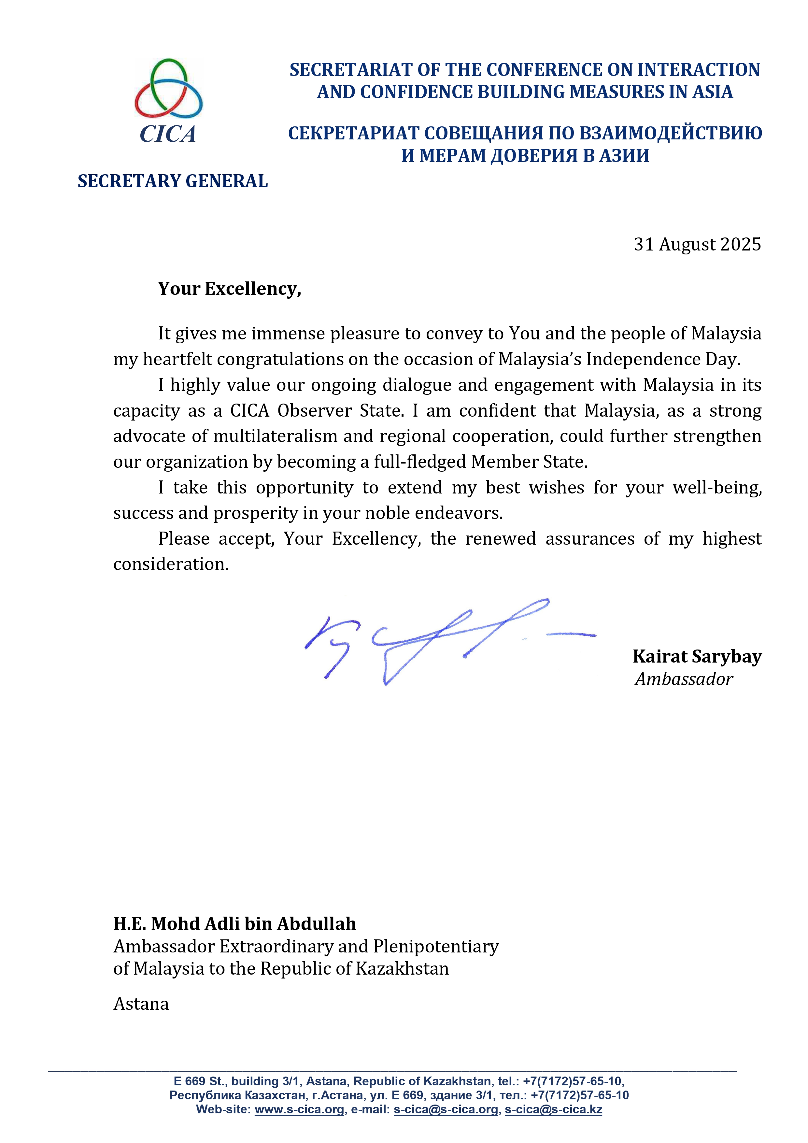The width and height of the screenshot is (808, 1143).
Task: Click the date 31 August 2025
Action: [697, 244]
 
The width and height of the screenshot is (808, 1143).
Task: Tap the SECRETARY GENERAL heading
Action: [172, 181]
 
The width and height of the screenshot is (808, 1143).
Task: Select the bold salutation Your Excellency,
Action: [230, 289]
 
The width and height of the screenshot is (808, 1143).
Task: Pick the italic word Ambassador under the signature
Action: [684, 679]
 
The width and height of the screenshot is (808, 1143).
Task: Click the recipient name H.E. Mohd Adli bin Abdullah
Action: [234, 923]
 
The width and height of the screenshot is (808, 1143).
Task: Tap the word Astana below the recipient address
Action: [141, 1004]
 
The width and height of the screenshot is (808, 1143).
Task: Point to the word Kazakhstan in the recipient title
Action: [402, 969]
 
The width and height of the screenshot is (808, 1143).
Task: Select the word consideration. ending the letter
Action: [171, 564]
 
